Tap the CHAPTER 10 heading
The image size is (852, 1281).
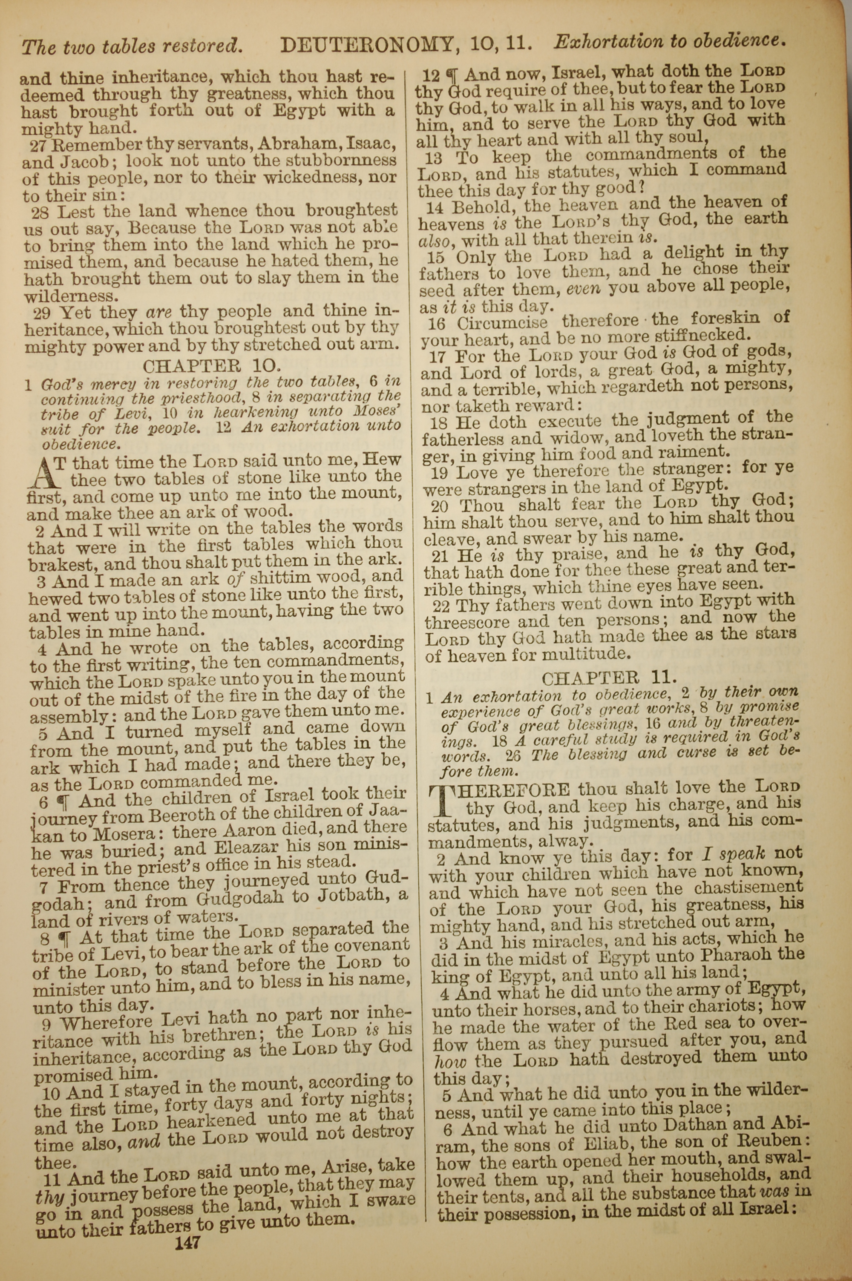(212, 366)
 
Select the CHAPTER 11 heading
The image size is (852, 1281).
(609, 677)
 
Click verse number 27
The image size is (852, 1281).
(41, 146)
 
